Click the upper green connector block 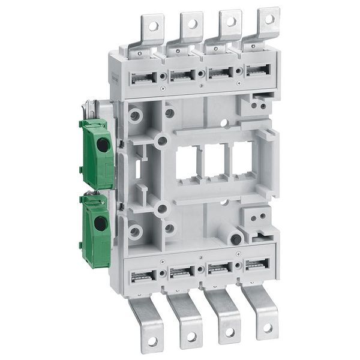(x=97, y=152)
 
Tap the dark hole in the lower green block (x=101, y=224)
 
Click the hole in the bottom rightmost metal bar (x=268, y=328)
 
